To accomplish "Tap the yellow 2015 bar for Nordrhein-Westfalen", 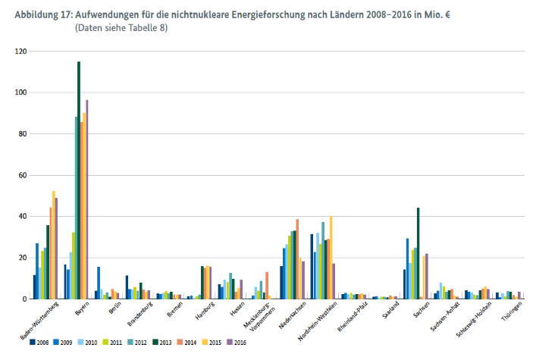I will coord(331,258).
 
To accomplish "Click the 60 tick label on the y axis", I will coord(20,175).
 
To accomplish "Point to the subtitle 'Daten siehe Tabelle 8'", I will coord(121,28).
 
